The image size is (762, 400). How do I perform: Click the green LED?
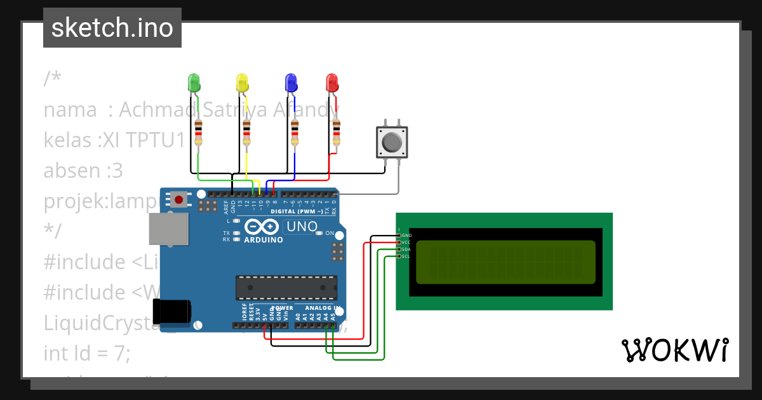[194, 83]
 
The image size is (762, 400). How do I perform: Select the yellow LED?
[242, 83]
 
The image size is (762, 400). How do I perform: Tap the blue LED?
[291, 83]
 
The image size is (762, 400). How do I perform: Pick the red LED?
[332, 83]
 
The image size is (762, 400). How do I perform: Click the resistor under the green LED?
[199, 133]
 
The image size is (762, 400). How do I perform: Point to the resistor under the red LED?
[336, 133]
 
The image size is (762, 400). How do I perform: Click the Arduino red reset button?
[179, 200]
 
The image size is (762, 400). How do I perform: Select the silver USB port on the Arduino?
[168, 229]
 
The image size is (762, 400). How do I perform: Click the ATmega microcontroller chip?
[286, 287]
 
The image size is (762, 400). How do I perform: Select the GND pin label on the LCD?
[406, 236]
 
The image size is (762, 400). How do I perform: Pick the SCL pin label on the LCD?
[406, 257]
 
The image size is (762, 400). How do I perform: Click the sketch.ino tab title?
[112, 28]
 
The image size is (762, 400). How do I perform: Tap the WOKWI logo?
[674, 350]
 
